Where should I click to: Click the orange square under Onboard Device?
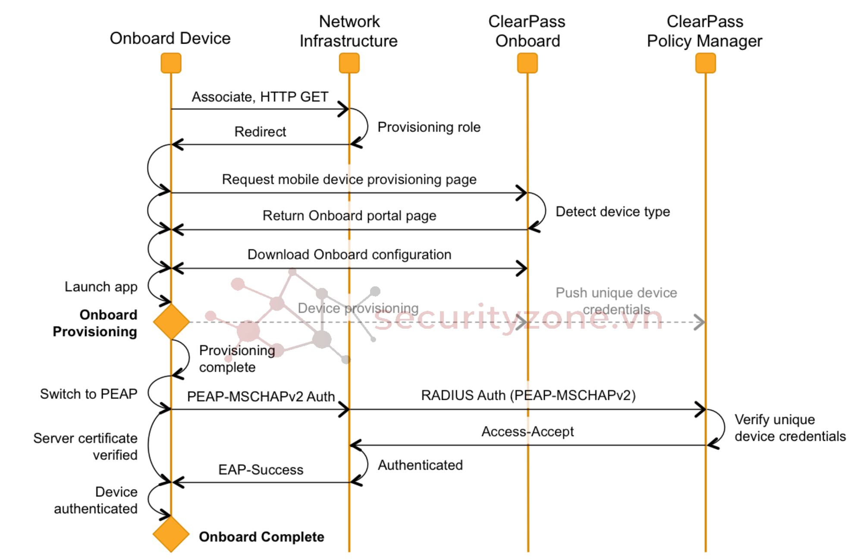[171, 63]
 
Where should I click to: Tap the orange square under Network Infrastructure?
[349, 63]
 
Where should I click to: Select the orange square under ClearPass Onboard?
[527, 63]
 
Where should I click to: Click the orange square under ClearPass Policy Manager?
[705, 63]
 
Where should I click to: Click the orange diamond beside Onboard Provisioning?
[171, 321]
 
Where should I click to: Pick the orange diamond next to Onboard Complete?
[171, 534]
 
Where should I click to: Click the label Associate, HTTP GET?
[260, 97]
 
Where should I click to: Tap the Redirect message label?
[260, 132]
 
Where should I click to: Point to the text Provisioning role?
[429, 127]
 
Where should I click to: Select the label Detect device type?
[613, 212]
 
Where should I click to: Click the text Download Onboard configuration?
[349, 254]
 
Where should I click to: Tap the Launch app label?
[101, 287]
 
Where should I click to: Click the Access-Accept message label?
[528, 431]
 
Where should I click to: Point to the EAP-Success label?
[261, 470]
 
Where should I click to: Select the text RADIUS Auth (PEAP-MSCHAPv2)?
[528, 395]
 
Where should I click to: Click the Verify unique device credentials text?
[789, 428]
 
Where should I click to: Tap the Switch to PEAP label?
[88, 394]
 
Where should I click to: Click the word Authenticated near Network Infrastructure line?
[420, 465]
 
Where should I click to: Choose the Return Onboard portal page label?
[349, 216]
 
